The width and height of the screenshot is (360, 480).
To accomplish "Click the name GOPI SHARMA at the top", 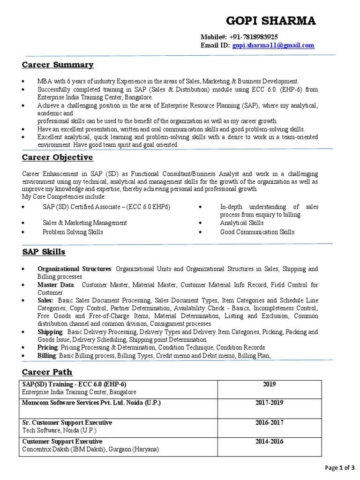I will coord(271,21).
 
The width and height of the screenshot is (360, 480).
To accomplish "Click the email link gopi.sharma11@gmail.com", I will coord(273,45).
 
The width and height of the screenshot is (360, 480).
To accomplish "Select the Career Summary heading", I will coord(58,65).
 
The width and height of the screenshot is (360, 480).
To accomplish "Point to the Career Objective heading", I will coord(58,157).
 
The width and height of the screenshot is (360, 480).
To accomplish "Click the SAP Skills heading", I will coord(44,252).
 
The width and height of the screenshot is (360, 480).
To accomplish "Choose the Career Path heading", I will coord(47,372).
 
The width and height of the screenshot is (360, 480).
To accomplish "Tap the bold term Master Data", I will coord(56,285).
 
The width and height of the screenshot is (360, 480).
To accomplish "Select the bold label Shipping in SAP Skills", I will coord(50,332).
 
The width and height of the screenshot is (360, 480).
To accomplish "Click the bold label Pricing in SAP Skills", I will coord(48,347).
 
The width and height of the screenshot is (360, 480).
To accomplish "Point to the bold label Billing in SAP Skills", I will coord(47,356).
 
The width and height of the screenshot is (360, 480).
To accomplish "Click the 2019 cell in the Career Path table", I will coord(269,384).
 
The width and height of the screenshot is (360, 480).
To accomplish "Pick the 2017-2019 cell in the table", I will coord(269,403).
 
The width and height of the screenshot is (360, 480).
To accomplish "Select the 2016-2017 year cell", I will coord(269,422).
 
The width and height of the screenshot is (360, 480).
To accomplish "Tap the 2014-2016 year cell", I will coord(269,442).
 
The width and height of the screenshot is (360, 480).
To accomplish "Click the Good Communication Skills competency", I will coord(257,232).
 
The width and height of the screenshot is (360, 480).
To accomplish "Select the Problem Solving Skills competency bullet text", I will coord(73,232).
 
